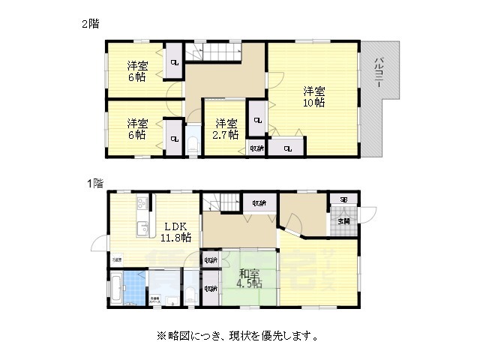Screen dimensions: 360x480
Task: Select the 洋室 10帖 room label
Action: (x=314, y=97)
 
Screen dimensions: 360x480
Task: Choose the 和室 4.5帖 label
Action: (x=250, y=278)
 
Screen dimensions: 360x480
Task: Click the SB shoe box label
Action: (x=343, y=200)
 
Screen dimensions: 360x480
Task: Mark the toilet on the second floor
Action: (x=192, y=142)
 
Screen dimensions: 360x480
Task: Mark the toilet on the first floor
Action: (x=190, y=294)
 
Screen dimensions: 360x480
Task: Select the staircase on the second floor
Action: (x=216, y=52)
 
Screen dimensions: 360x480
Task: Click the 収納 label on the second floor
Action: (x=256, y=148)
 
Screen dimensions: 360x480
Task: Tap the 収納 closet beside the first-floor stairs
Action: (x=259, y=202)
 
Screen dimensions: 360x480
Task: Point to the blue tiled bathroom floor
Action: (x=135, y=289)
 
